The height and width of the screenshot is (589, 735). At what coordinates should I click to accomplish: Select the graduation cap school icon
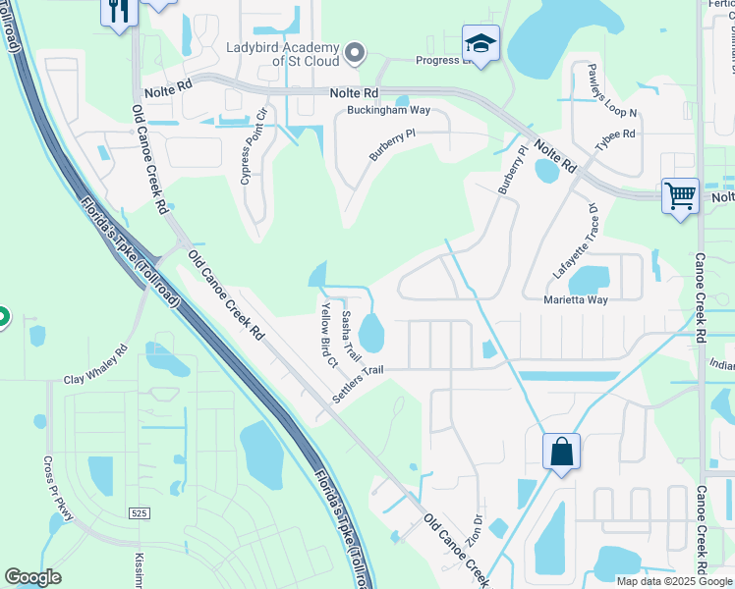(x=481, y=43)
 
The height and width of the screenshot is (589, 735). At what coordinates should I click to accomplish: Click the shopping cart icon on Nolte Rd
(x=680, y=195)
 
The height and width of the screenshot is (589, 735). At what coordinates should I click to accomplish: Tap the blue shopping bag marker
(x=561, y=453)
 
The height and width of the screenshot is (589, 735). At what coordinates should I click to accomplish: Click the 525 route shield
(x=140, y=513)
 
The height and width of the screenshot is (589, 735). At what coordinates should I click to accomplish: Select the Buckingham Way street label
(x=389, y=111)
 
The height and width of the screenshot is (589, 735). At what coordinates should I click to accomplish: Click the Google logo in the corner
(x=33, y=578)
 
